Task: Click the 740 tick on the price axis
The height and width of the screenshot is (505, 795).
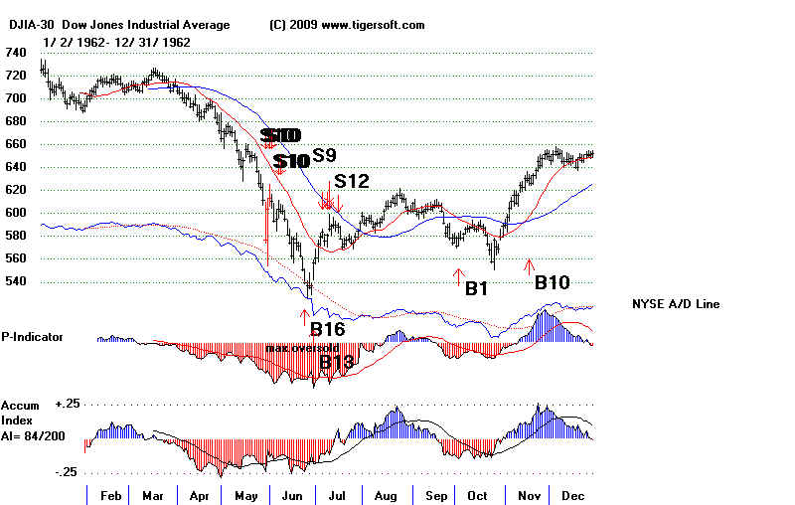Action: [x=16, y=53]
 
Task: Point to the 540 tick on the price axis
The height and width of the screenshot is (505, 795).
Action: [x=16, y=281]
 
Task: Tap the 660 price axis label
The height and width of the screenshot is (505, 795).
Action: [x=16, y=144]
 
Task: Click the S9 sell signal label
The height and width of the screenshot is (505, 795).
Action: [x=324, y=155]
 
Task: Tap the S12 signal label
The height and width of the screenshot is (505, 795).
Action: [x=352, y=181]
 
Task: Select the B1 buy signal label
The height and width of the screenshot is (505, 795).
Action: [x=477, y=289]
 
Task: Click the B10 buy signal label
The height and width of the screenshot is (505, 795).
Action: [x=553, y=283]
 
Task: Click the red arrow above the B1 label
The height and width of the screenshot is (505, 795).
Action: [x=457, y=274]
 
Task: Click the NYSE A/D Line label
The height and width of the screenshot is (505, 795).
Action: [x=676, y=303]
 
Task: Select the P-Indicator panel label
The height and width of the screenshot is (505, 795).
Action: [x=32, y=337]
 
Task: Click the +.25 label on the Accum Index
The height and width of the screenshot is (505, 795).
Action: [x=69, y=406]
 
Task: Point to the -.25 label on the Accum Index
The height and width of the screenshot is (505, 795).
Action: [x=69, y=472]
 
